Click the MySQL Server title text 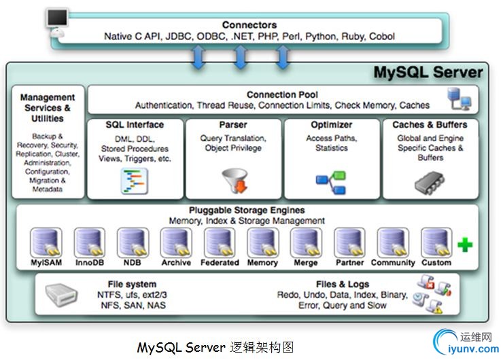coord(429,73)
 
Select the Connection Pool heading coord(281,94)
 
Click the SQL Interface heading coord(135,125)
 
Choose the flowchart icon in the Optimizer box coord(330,179)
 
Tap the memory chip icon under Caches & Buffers coord(430,180)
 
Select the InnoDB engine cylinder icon coord(89,242)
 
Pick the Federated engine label coord(220,262)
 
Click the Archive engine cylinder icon coord(176,242)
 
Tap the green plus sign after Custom coord(465,245)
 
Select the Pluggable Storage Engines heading coord(247,211)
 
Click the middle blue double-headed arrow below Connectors coord(240,56)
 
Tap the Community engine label coord(393,262)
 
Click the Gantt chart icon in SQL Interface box coord(134,180)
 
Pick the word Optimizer coord(331,125)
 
